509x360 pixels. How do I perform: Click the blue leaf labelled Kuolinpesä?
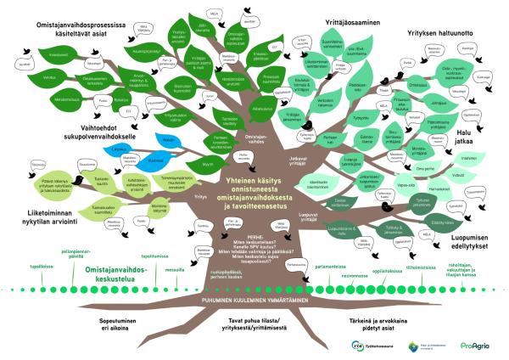156,159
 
